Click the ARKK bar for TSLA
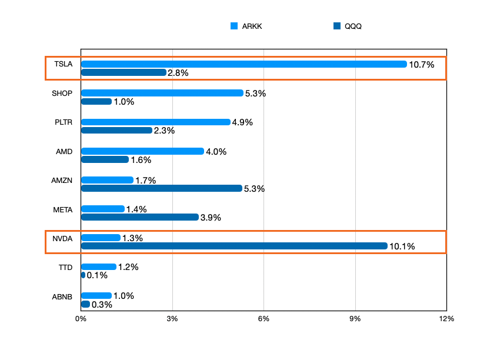point(243,64)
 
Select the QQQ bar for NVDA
point(234,246)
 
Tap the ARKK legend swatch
point(234,26)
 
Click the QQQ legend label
point(353,26)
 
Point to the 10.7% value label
point(421,65)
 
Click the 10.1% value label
point(402,246)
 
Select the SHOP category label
point(62,93)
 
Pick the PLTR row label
point(63,122)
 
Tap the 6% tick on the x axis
point(263,319)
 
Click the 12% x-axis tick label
point(446,319)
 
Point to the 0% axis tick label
point(81,319)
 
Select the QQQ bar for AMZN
point(161,188)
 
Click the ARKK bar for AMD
point(142,151)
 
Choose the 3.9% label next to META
point(211,218)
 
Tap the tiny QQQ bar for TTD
point(83,275)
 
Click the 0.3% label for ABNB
point(102,305)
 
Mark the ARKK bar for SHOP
point(162,93)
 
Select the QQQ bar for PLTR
point(116,131)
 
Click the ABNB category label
point(62,296)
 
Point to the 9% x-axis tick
point(355,319)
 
